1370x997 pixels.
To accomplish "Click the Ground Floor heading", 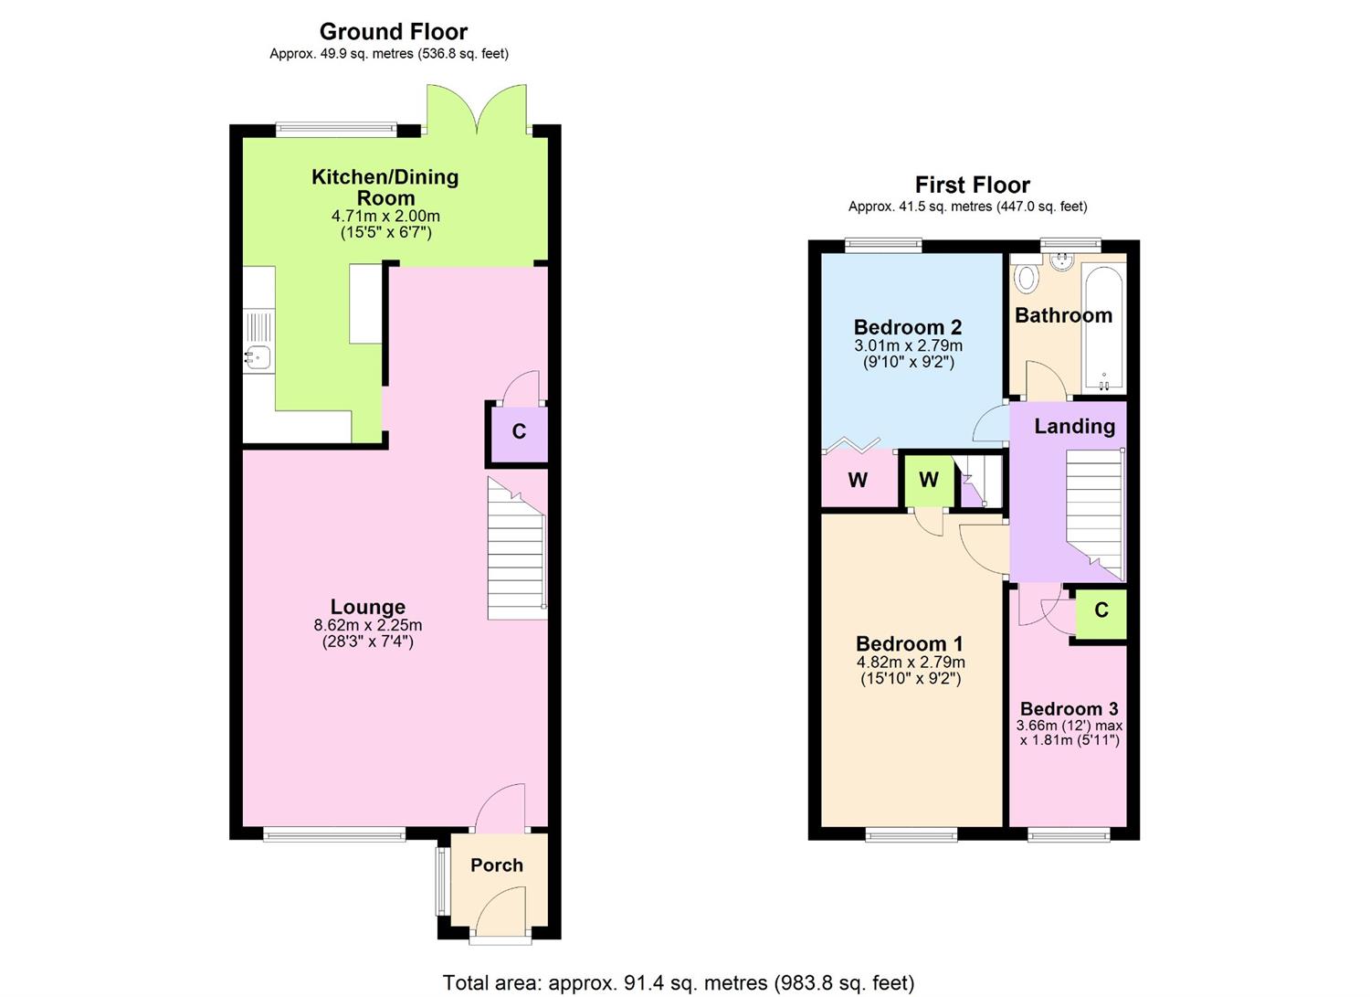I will pyautogui.click(x=393, y=32).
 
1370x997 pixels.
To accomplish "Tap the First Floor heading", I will pyautogui.click(x=972, y=186).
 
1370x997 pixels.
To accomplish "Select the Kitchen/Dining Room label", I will pyautogui.click(x=385, y=187).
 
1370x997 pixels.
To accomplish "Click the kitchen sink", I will pyautogui.click(x=258, y=357).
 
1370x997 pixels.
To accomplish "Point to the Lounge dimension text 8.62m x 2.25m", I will pyautogui.click(x=367, y=626).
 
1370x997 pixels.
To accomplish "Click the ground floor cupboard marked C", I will pyautogui.click(x=519, y=432).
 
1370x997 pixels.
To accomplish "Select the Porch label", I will pyautogui.click(x=496, y=865).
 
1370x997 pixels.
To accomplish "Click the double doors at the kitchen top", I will pyautogui.click(x=476, y=110).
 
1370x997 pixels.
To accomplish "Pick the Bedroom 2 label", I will pyautogui.click(x=907, y=327).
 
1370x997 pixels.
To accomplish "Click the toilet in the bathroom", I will pyautogui.click(x=1027, y=277).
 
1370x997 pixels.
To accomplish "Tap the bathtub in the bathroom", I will pyautogui.click(x=1103, y=327).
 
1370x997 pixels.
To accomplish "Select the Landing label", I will pyautogui.click(x=1074, y=427).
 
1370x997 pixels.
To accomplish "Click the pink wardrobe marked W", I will pyautogui.click(x=858, y=481).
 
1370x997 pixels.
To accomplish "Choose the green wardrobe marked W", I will pyautogui.click(x=928, y=481).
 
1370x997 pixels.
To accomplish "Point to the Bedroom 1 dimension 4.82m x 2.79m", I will pyautogui.click(x=910, y=663).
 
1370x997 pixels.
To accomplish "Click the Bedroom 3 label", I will pyautogui.click(x=1069, y=709).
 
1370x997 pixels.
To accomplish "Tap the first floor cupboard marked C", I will pyautogui.click(x=1101, y=610).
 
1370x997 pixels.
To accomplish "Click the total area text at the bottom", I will pyautogui.click(x=678, y=983).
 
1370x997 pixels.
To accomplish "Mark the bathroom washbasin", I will pyautogui.click(x=1061, y=262).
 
